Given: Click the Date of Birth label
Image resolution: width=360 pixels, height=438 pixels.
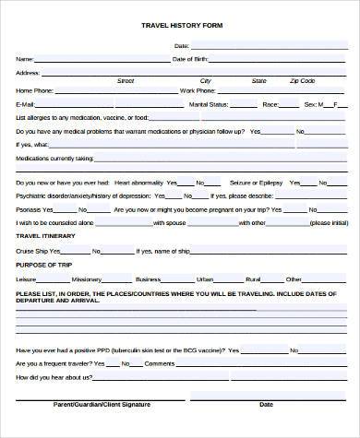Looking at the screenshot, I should coord(191,58).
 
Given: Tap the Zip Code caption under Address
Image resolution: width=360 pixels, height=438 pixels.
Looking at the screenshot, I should coord(302,81).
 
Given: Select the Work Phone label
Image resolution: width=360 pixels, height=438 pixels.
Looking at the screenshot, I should coord(198,91).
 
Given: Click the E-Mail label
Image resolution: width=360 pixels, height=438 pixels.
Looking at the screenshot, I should coord(25,105).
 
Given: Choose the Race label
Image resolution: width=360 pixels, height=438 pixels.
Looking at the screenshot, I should coord(270,105).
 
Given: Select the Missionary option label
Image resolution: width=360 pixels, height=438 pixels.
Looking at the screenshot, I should coord(87,278).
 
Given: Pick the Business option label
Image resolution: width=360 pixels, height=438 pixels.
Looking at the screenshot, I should coord(148,278).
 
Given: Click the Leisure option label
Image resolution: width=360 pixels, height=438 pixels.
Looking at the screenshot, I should coord(26,278).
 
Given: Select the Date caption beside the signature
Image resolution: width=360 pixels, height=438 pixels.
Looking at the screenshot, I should coord(266,404).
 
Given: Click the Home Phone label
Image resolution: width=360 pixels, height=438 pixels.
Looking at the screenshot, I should coord(33,91).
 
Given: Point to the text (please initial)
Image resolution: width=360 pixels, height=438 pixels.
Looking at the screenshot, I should coord(329,222).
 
